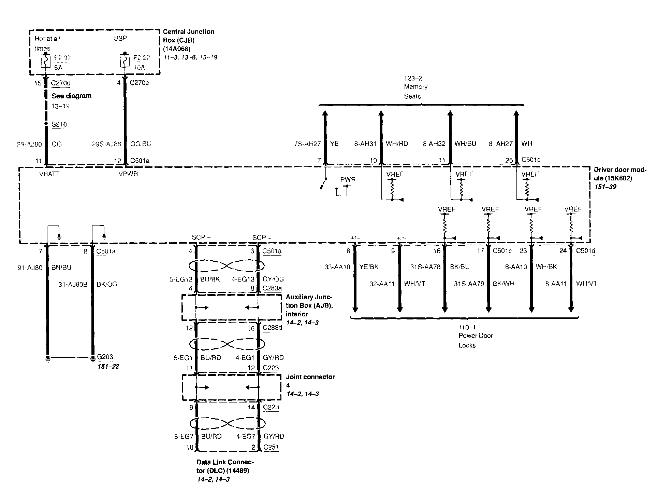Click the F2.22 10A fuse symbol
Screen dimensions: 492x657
point(125,61)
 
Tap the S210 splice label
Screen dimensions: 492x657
point(59,124)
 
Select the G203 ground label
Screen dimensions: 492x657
point(105,357)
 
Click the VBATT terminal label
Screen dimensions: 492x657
point(49,174)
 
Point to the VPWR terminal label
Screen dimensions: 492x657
point(128,174)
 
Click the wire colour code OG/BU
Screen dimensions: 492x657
point(141,144)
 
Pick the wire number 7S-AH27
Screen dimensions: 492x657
point(307,144)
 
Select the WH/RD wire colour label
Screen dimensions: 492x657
point(397,144)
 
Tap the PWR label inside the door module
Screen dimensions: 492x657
point(348,179)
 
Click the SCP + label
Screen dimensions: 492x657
point(262,237)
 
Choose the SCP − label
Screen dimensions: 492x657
point(201,237)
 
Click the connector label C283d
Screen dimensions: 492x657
point(272,328)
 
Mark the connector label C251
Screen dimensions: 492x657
point(271,447)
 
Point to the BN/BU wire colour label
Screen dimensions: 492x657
point(61,267)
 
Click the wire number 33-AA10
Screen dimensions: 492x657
point(337,267)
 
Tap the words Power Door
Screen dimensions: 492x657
point(476,336)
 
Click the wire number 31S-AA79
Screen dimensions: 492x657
point(469,283)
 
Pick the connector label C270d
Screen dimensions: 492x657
point(61,83)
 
